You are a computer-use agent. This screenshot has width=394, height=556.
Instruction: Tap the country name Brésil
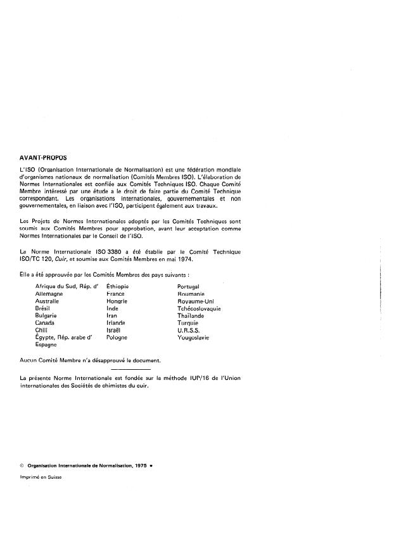click(45, 308)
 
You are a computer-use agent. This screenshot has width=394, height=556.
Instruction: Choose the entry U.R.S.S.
click(189, 331)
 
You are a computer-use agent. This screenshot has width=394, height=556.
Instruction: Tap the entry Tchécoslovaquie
click(200, 308)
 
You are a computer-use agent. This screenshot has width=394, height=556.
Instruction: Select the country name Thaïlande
click(191, 316)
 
